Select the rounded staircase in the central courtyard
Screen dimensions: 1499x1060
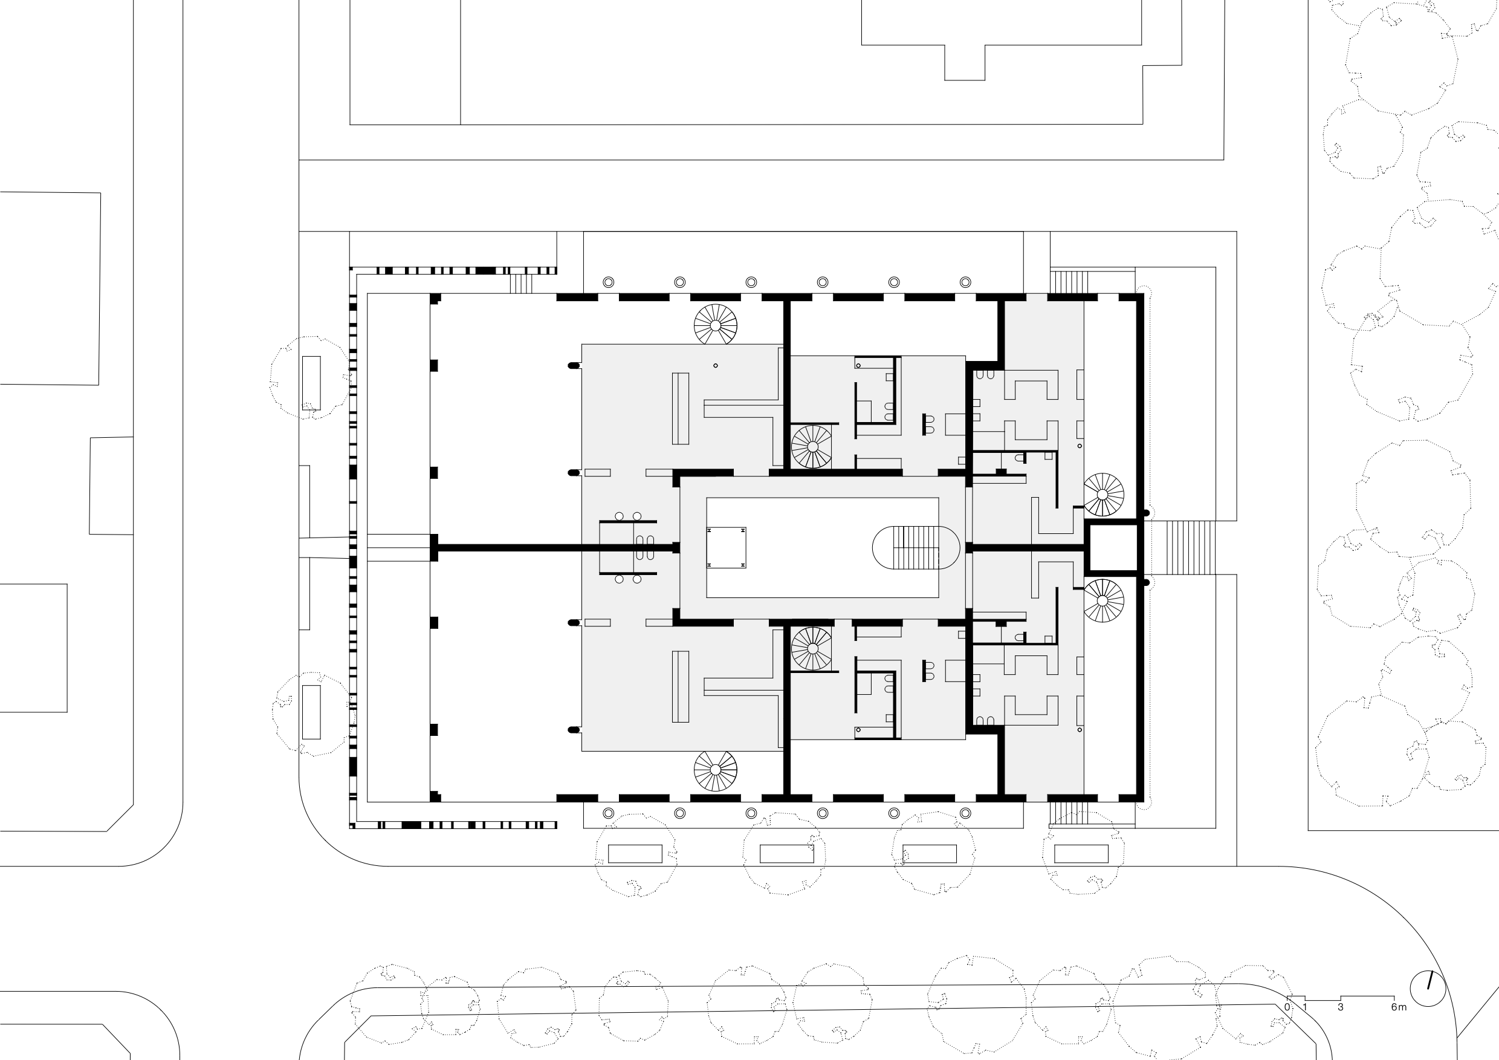tap(916, 547)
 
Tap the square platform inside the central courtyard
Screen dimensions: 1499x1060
tap(726, 547)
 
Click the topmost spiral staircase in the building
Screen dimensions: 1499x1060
tap(716, 325)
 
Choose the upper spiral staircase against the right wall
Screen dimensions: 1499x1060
tap(1103, 495)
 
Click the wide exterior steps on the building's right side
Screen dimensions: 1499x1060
tap(1183, 547)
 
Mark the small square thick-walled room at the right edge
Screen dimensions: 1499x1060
tap(1114, 547)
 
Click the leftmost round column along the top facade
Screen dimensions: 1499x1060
tap(609, 282)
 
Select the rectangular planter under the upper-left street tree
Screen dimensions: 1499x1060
tap(311, 383)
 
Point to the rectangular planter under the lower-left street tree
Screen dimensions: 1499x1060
tap(311, 712)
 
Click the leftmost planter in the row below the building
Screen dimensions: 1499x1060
tap(635, 854)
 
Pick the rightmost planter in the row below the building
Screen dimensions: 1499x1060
tap(1081, 854)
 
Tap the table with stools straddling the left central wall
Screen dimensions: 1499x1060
tap(628, 547)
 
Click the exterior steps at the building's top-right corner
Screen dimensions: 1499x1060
tap(1068, 282)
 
